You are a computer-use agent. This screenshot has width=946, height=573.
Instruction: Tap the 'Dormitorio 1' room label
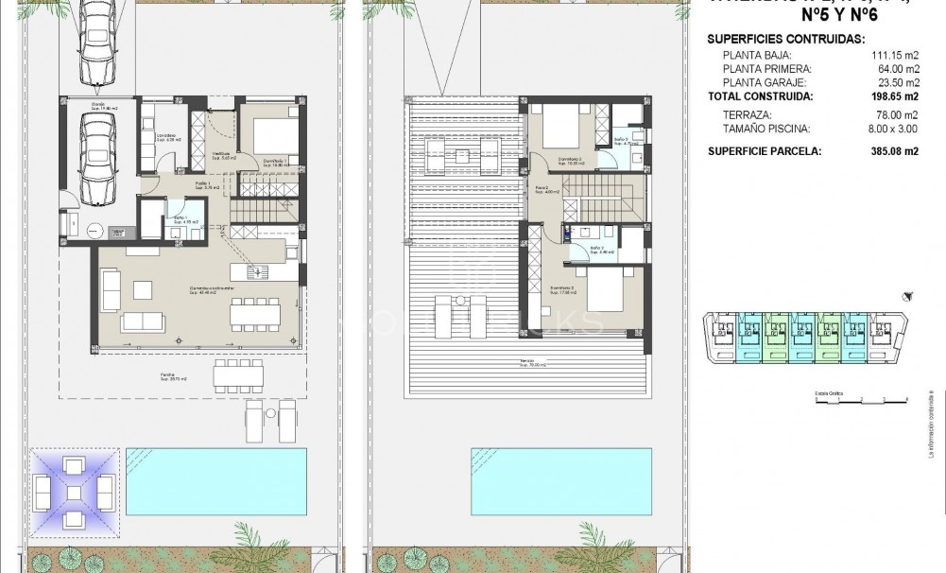click(275, 158)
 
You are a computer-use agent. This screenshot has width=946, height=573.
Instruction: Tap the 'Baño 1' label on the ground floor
click(179, 219)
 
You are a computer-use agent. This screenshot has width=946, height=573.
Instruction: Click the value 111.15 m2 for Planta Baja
click(895, 55)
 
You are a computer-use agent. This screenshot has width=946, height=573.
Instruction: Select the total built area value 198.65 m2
click(893, 96)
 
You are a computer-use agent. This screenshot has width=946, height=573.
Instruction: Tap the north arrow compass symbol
click(907, 295)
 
